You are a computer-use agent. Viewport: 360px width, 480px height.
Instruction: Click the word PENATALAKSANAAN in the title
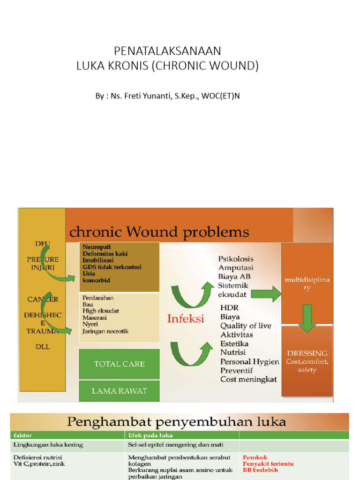pos(167,51)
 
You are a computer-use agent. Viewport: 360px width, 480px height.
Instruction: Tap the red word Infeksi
pos(186,319)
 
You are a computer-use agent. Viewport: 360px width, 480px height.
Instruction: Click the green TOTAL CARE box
pos(119,364)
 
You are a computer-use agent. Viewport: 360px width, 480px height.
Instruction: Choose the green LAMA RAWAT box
pos(119,391)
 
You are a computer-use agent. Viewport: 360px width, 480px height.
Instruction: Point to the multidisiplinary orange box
pos(307,284)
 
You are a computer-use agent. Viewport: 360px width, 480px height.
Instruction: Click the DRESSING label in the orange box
pos(307,353)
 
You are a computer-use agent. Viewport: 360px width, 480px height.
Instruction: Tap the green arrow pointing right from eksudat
pos(266,295)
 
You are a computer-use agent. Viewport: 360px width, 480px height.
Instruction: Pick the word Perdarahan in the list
pos(98,298)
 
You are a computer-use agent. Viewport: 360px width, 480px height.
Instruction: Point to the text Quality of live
pos(246,326)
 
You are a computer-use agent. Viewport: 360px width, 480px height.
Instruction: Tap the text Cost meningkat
pos(248,379)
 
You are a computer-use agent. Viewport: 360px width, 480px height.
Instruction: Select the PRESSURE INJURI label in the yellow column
pos(43,263)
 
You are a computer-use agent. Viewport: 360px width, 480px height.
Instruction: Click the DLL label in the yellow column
pos(42,347)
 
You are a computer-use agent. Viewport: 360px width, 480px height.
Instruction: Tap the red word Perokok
pos(255,457)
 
